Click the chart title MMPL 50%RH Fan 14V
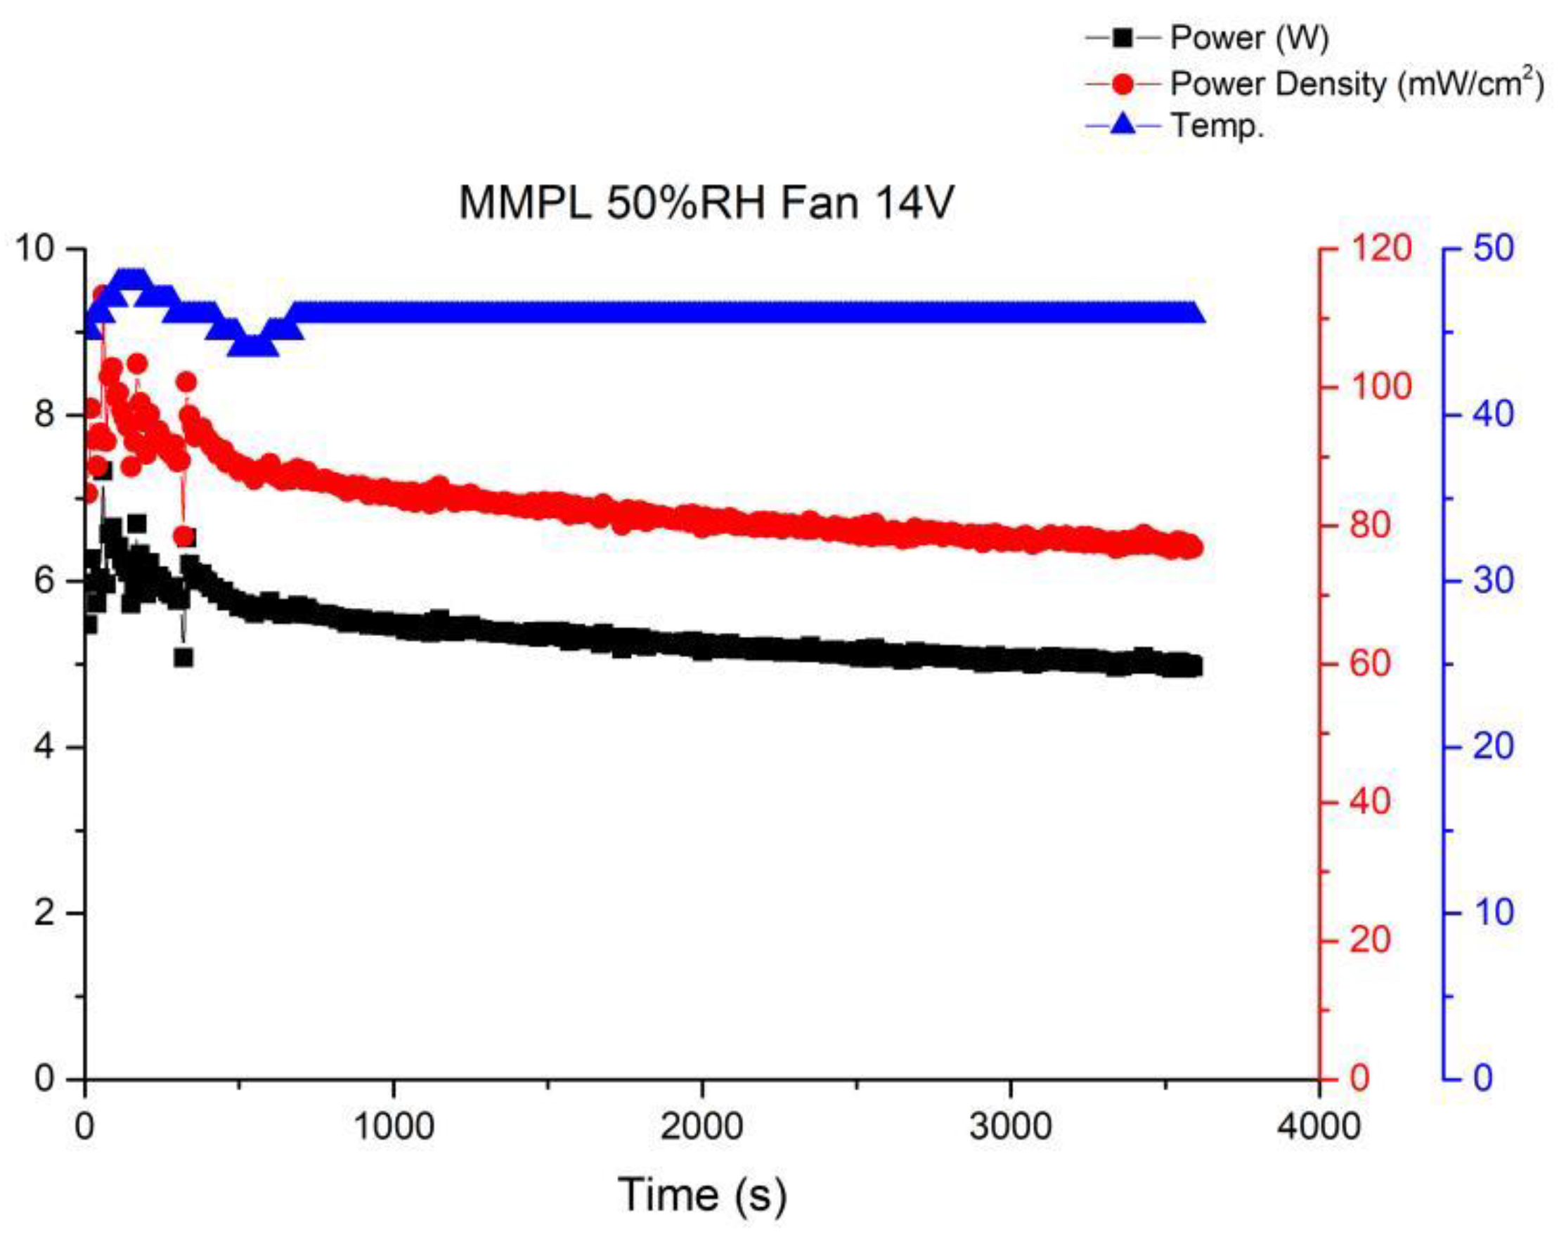pos(706,203)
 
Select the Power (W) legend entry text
pos(1249,37)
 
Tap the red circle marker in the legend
pos(1123,84)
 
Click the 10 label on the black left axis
pos(37,249)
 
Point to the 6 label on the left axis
pos(46,581)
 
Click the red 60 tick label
pos(1371,664)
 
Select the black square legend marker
pos(1123,37)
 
